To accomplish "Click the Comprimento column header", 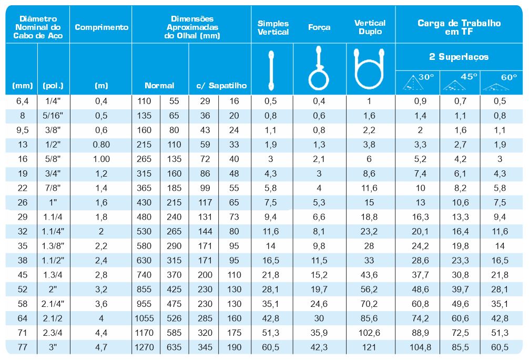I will pos(101,27).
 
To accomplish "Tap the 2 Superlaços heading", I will pos(459,57).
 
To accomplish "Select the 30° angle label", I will pos(426,77).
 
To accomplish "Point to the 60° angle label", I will pos(509,77).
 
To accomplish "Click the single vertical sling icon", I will pos(271,69).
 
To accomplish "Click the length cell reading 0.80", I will pos(101,145).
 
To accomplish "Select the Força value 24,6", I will pos(319,304).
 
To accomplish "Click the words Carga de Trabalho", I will pos(459,23).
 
